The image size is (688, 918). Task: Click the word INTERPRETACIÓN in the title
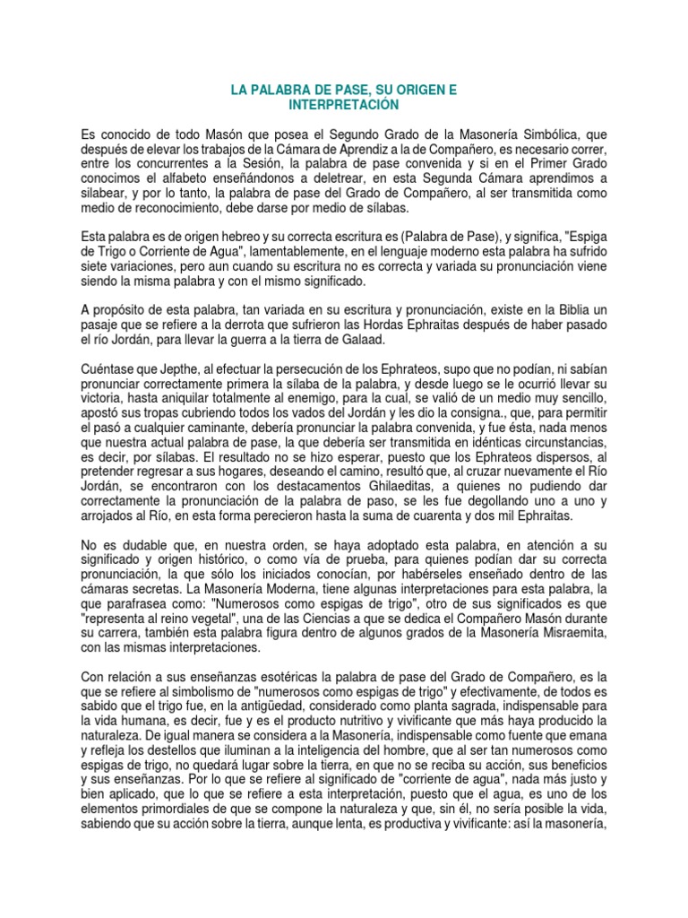tap(343, 105)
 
